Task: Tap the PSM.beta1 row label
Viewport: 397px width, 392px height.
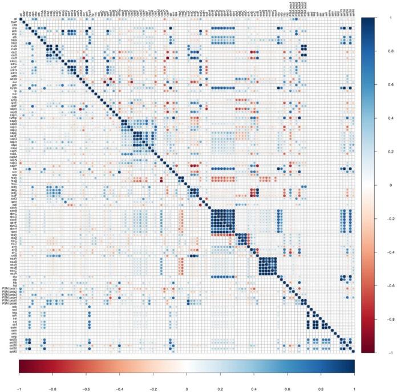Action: [x=9, y=288]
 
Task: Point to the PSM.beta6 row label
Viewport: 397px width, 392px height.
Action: [x=9, y=305]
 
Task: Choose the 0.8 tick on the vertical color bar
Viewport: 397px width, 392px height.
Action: [x=374, y=52]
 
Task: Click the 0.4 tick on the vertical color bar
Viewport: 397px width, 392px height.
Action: [x=374, y=119]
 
